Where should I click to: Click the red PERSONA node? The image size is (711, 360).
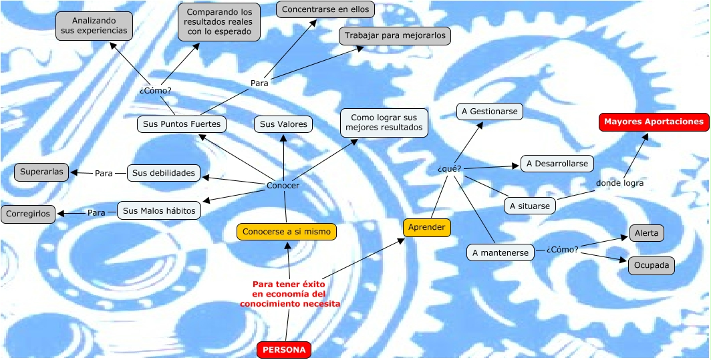(x=284, y=349)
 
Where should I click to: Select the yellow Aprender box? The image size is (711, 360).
(x=426, y=227)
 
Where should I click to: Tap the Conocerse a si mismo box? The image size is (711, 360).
(x=286, y=232)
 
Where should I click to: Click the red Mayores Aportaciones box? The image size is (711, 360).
(x=654, y=122)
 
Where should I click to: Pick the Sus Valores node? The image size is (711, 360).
(x=283, y=124)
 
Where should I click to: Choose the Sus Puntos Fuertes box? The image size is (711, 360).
(x=182, y=124)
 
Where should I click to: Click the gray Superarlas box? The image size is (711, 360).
(x=41, y=172)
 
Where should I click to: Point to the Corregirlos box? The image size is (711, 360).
(x=28, y=214)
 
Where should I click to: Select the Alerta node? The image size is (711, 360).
(x=646, y=233)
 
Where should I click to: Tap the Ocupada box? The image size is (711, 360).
(x=651, y=265)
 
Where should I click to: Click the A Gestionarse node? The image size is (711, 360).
(x=490, y=112)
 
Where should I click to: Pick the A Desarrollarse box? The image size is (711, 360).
(x=557, y=163)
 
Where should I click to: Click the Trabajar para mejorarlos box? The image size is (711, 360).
(x=394, y=35)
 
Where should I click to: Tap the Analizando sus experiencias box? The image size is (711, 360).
(x=94, y=25)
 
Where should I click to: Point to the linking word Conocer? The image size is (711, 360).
(x=283, y=186)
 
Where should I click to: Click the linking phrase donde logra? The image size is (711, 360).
(x=619, y=183)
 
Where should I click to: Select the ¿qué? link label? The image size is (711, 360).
(x=449, y=168)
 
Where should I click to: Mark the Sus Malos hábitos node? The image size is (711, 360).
(x=159, y=211)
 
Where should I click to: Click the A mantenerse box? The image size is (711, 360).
(x=501, y=252)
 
